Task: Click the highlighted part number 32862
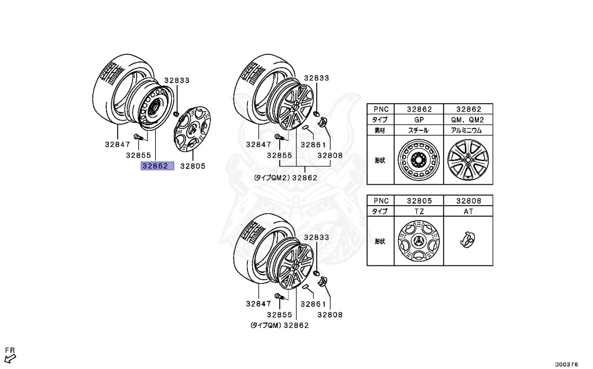coord(155,166)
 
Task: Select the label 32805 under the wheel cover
coord(193,166)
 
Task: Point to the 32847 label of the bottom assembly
coord(258,304)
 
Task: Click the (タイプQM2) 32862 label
coord(284,178)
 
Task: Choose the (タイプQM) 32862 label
coord(279,326)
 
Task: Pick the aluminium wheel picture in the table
coord(468,160)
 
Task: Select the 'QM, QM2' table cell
coord(468,120)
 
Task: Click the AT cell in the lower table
coord(468,211)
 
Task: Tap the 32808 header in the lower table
coord(468,200)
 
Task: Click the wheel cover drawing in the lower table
coord(419,242)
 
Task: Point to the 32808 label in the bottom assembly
coord(330,315)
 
